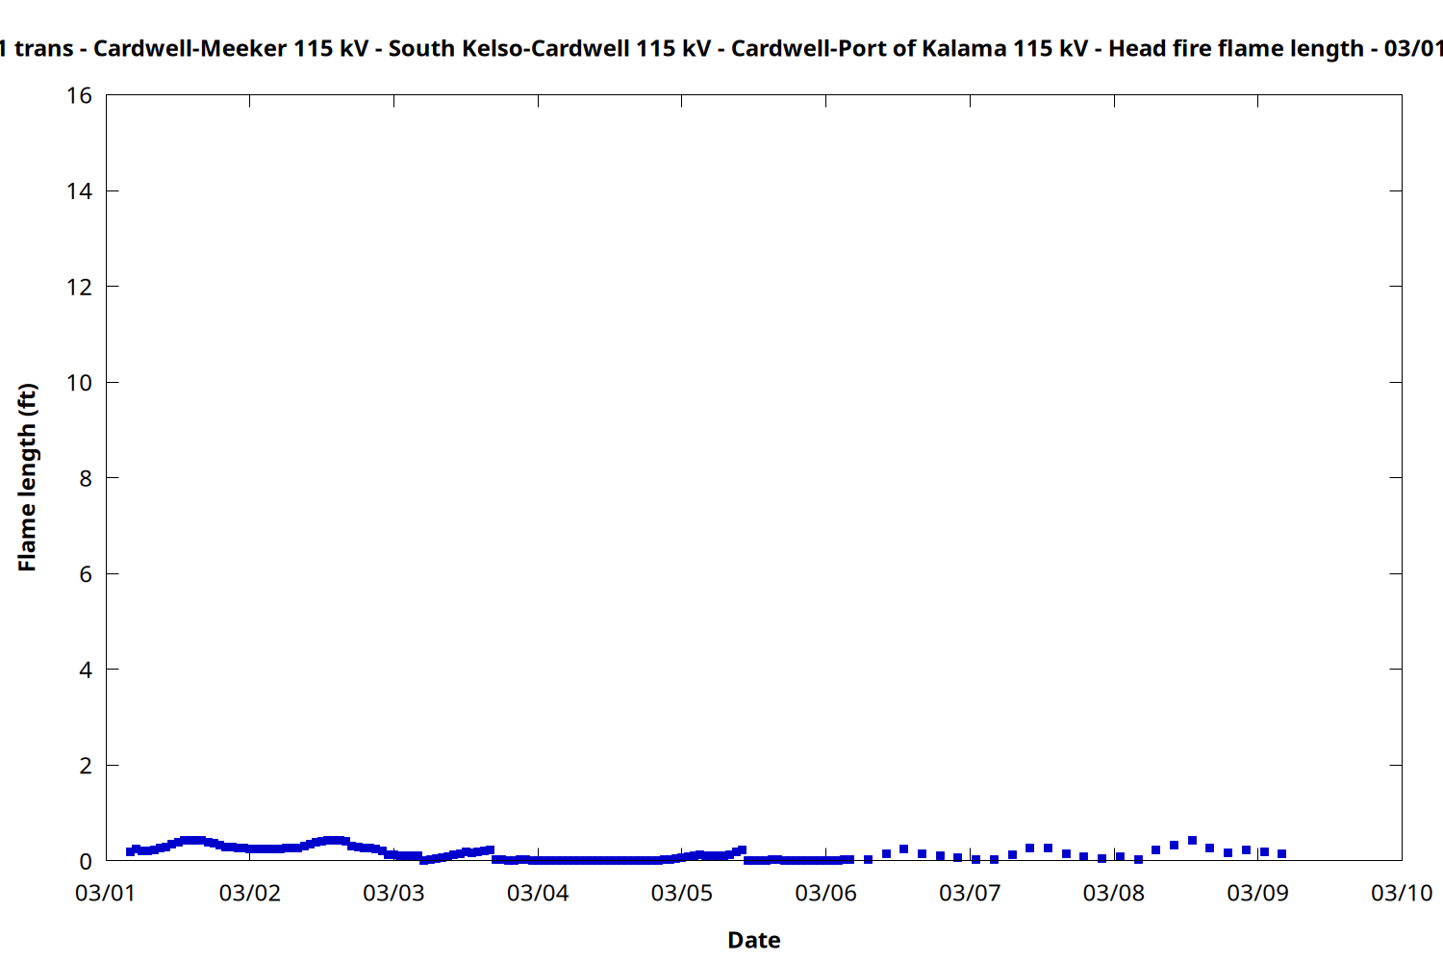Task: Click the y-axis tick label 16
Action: coord(79,95)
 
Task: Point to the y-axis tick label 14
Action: coord(79,191)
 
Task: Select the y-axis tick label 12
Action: coord(79,287)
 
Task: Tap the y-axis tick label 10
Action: coord(79,383)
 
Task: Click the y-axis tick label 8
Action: coord(86,478)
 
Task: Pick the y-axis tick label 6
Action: coord(86,574)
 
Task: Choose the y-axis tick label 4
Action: coord(86,670)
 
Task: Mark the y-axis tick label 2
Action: coord(86,766)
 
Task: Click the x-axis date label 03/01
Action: coord(106,893)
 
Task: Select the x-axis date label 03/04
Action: coord(538,893)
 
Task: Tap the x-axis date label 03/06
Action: coord(825,893)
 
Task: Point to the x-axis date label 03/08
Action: coord(1114,893)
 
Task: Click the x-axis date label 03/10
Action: coord(1402,893)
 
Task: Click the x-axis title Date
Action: coord(753,940)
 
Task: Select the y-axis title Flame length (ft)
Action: coord(27,477)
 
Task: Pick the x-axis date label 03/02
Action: coord(250,893)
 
